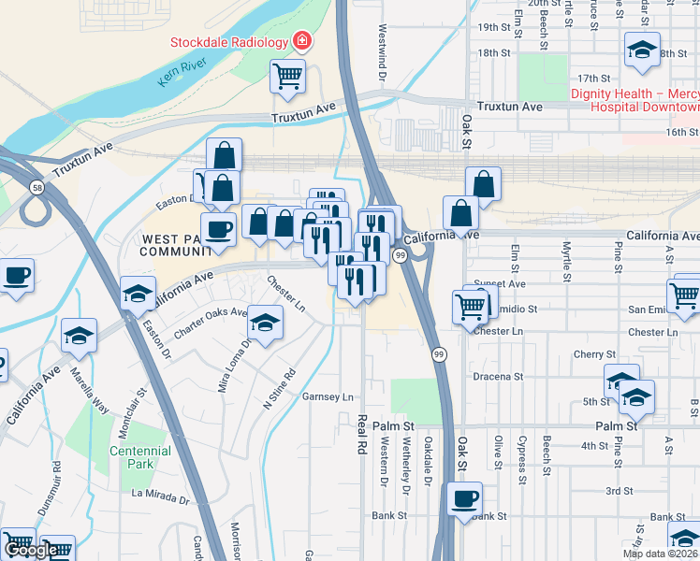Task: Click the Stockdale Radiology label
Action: pos(228,42)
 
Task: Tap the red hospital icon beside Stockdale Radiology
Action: pos(301,41)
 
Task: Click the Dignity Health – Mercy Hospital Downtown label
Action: pos(634,100)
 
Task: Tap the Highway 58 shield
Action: pos(35,188)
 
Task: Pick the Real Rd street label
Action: pos(357,434)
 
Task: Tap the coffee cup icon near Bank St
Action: pos(464,497)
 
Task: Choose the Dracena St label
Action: pos(497,377)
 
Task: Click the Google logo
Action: pos(31,550)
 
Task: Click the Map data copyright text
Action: pos(660,554)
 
